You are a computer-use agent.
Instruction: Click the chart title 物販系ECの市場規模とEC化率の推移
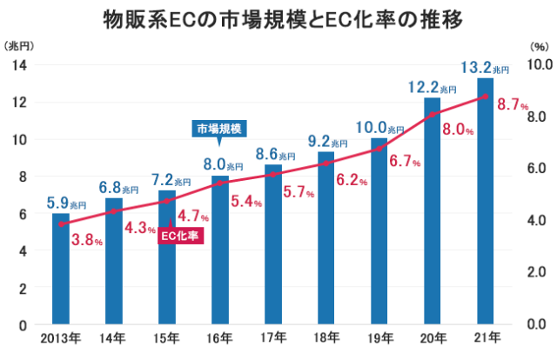coord(279,18)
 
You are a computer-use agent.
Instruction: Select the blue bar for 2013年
coord(60,270)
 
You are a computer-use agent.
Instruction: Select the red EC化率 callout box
coord(181,235)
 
